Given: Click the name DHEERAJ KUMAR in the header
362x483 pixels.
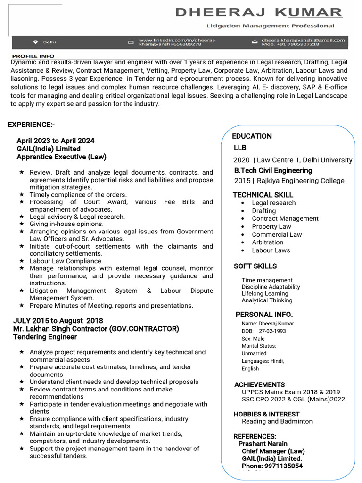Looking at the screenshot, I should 259,12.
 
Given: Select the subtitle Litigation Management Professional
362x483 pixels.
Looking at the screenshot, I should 270,26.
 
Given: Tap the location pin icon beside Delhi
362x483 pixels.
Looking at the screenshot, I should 35,42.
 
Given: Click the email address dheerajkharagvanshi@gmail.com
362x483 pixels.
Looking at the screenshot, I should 303,40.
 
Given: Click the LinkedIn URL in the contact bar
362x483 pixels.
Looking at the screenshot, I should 177,42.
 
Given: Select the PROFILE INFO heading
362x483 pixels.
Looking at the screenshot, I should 33,56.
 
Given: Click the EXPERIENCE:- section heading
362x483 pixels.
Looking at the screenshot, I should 31,125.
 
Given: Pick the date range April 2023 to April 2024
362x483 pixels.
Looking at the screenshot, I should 55,141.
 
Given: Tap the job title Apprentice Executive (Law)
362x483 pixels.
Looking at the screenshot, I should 61,157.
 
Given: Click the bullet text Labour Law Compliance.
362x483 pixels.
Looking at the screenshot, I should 66,261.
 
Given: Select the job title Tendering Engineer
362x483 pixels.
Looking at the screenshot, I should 45,337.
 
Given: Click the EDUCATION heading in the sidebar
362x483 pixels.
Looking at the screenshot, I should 252,136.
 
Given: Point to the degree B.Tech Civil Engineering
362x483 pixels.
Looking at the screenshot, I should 273,170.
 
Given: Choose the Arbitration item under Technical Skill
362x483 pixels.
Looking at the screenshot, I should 267,242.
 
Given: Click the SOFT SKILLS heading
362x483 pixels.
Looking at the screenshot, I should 255,266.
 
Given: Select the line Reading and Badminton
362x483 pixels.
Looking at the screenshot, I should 277,421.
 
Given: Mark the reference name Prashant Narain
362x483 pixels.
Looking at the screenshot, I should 262,444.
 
